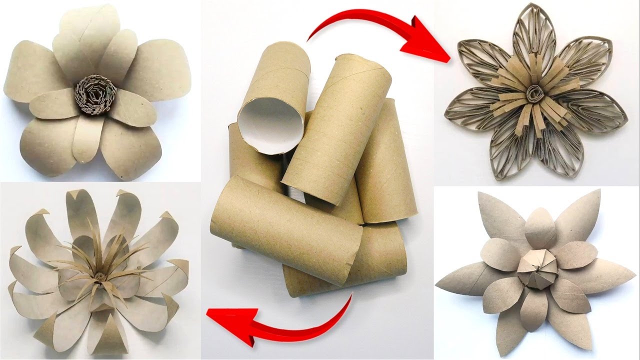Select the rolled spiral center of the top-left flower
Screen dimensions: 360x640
point(92,94)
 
